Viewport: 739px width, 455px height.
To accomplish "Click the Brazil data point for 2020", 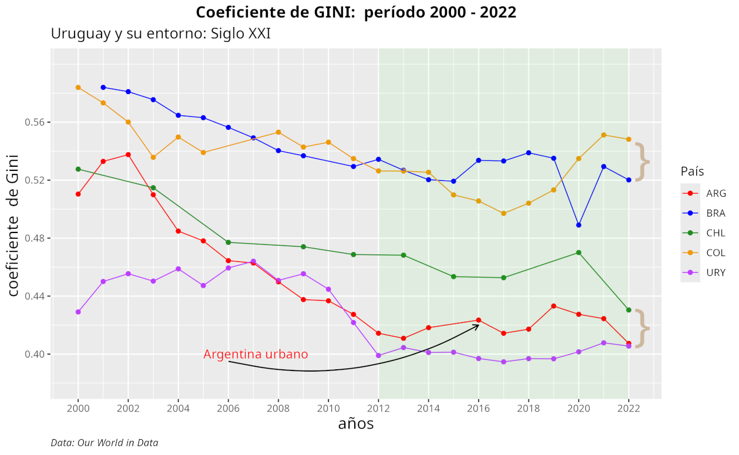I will click(579, 225).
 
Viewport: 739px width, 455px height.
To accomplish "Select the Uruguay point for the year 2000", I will click(78, 312).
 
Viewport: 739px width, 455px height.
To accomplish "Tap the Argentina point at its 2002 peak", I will click(128, 154).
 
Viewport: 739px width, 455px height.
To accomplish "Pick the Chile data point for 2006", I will click(228, 242).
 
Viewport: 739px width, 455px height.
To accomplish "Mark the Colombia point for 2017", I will click(504, 213).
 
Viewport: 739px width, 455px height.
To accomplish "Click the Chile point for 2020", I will click(579, 252).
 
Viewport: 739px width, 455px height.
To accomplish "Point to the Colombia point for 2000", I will click(78, 87).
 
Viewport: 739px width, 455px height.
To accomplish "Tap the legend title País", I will click(692, 171).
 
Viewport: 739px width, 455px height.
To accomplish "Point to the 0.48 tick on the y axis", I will click(35, 238).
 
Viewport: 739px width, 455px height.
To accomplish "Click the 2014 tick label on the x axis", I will click(429, 409).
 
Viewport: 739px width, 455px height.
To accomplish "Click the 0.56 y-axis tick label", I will click(35, 123).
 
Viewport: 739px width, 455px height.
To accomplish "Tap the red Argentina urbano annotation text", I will click(256, 355).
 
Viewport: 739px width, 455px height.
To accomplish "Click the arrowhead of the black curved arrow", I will click(478, 325).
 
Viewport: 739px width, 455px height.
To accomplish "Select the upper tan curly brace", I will click(643, 161).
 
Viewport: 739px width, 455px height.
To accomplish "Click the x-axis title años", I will click(356, 424).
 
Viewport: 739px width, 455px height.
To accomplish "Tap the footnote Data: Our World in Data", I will click(104, 443).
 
